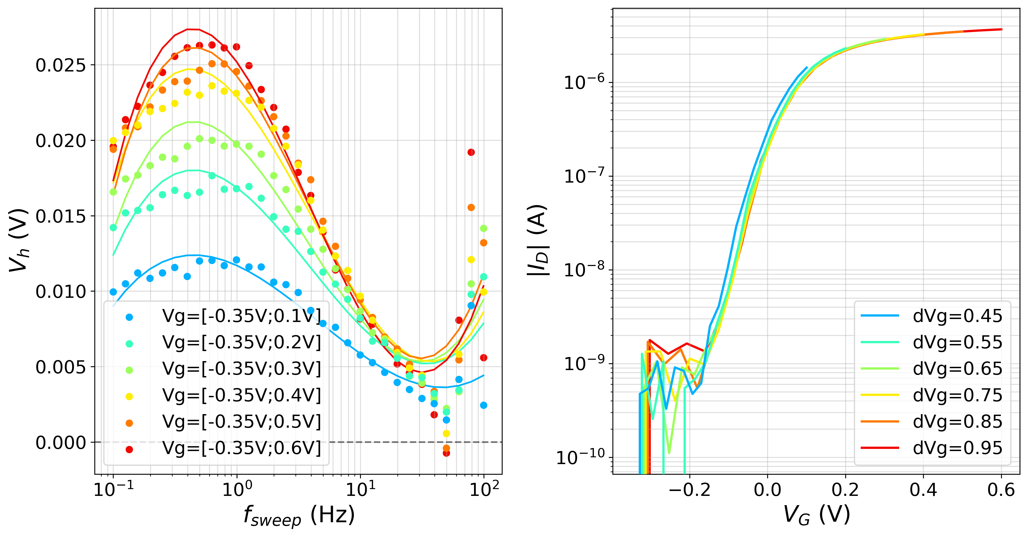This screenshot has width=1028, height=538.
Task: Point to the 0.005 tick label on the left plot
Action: coord(61,367)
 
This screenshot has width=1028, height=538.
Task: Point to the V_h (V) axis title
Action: coord(19,240)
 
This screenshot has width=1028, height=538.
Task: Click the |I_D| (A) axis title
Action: coord(537,240)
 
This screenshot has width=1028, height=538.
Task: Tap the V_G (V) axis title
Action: coord(816,514)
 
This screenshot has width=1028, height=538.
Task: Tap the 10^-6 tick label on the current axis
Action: coord(584,83)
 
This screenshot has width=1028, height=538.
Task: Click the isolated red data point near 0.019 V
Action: coord(471,152)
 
